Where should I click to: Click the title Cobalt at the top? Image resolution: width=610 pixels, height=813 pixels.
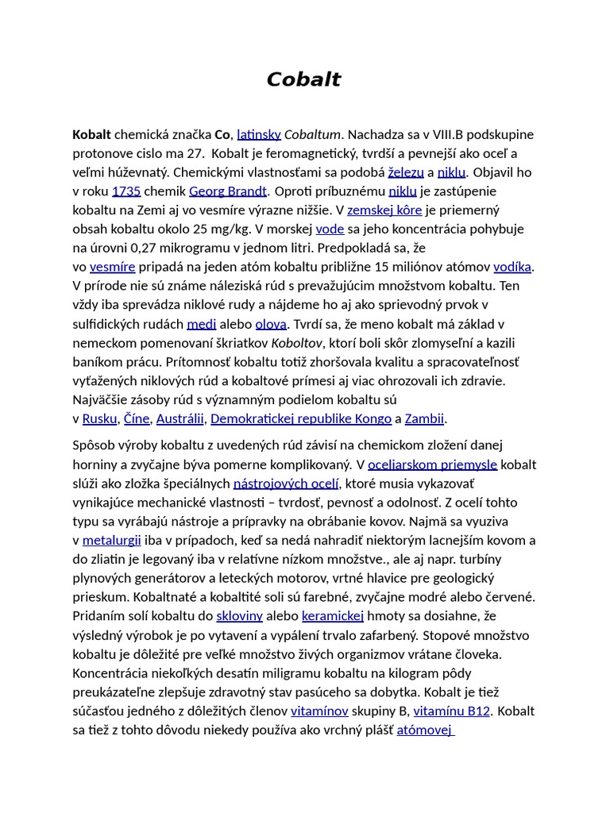[303, 80]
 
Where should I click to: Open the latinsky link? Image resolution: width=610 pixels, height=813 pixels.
[259, 134]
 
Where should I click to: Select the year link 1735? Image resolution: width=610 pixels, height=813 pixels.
[126, 191]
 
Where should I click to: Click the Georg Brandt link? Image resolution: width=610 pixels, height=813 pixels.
[228, 191]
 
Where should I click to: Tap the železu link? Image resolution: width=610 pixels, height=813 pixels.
[406, 172]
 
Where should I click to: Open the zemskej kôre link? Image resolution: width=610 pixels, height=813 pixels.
[385, 210]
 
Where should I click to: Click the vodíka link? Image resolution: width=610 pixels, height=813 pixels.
[512, 267]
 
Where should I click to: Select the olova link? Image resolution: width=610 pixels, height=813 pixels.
[271, 324]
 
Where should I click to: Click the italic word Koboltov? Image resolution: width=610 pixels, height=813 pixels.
[297, 343]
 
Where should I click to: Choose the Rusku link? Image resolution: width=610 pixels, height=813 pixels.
[99, 418]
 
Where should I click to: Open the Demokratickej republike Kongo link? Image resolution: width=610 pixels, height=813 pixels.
[301, 418]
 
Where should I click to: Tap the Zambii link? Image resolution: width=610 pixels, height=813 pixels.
[424, 418]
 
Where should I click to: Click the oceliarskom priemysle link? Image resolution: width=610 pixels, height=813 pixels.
[432, 464]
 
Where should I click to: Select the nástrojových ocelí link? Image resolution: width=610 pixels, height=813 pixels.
[286, 484]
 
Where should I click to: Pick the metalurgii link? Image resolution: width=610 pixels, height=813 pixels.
[112, 541]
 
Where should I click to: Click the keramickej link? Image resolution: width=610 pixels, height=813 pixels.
[333, 616]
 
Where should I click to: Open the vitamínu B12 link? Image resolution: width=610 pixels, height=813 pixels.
[452, 711]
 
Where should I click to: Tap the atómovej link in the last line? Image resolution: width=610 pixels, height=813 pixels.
[425, 730]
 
